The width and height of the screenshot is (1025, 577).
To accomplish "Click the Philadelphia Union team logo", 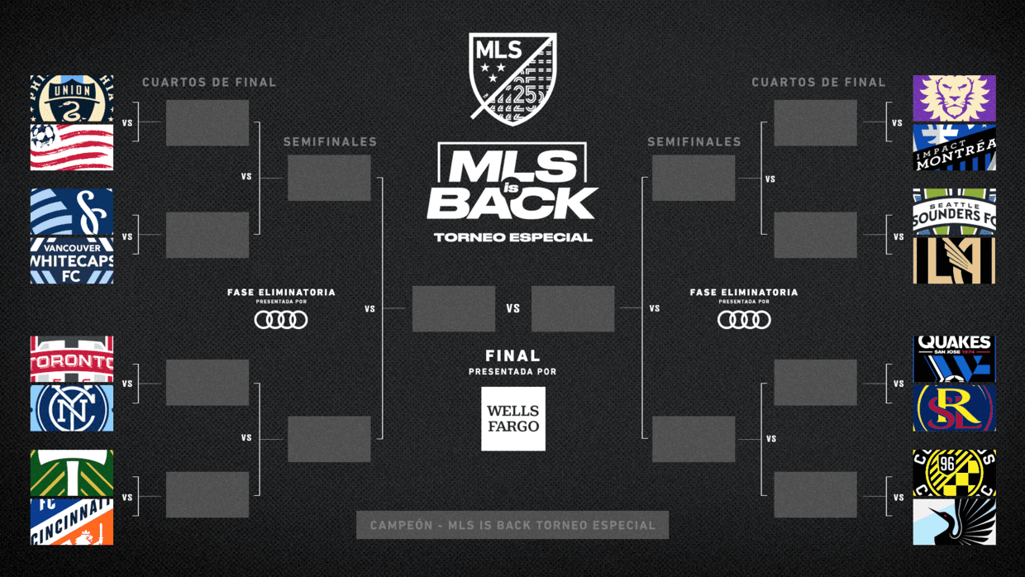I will click(x=72, y=99).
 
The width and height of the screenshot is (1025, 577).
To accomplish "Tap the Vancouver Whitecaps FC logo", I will click(x=72, y=261).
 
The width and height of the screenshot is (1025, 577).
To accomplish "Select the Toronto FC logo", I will click(x=72, y=360).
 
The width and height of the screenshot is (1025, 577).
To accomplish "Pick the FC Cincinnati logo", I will click(x=72, y=522).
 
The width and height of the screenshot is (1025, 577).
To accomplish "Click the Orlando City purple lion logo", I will click(x=954, y=98).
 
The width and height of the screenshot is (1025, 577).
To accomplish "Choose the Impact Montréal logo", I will click(x=954, y=148).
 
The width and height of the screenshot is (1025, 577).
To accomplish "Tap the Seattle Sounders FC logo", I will click(x=954, y=212).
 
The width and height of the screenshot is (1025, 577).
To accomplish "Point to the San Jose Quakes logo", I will click(x=954, y=360).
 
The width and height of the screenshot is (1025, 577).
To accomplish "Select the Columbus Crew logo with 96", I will click(x=954, y=474).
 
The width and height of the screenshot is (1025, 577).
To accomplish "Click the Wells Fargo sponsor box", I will click(x=513, y=418).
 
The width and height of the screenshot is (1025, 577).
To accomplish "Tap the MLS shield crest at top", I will click(x=512, y=79).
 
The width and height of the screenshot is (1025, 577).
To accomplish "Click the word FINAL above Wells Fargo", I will click(x=512, y=356).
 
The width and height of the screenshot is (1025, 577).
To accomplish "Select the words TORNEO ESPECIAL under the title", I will click(x=512, y=237).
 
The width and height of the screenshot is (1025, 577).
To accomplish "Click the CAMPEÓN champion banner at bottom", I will click(x=512, y=525).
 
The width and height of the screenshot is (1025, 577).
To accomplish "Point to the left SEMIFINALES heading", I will click(x=330, y=142).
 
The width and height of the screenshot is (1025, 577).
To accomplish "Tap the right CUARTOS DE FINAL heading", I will click(x=818, y=83).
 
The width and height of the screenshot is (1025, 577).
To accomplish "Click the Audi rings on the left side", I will click(x=281, y=319).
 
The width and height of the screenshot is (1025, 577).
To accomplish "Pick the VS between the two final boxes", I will click(x=513, y=308).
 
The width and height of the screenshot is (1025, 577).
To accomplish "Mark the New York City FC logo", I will click(x=72, y=408).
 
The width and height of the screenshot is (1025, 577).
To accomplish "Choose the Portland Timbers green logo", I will click(x=72, y=474).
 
